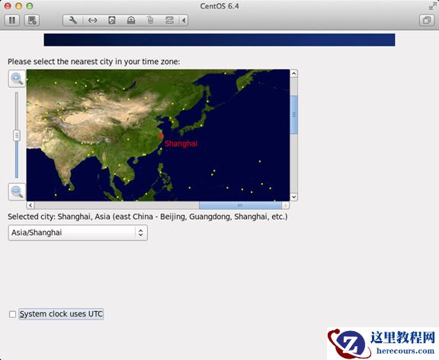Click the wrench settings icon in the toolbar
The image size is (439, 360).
tap(72, 20)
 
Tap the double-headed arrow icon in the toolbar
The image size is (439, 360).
tap(92, 20)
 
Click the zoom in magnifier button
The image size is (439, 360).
tap(17, 78)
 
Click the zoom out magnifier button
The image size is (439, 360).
tap(17, 191)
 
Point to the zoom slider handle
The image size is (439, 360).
tap(17, 135)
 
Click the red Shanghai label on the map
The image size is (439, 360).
tap(181, 143)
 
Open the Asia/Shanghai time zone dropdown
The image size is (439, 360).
tap(78, 233)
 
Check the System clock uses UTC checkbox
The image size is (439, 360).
tap(12, 313)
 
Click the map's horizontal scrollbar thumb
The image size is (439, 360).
tap(239, 205)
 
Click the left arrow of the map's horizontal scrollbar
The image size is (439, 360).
tap(30, 205)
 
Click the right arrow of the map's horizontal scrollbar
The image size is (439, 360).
tap(286, 205)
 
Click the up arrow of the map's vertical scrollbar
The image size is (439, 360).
tap(294, 74)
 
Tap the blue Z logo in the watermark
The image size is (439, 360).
tap(350, 343)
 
